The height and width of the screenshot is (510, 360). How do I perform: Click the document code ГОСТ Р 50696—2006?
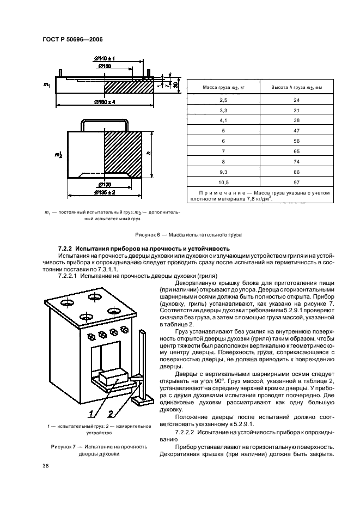click(x=72, y=39)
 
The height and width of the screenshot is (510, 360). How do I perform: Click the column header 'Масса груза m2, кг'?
click(x=223, y=87)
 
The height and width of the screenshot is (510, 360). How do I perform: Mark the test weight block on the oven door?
click(x=113, y=377)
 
